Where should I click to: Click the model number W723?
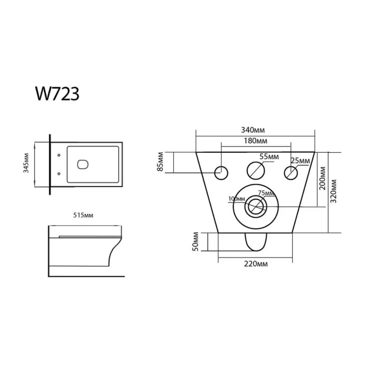[57, 94]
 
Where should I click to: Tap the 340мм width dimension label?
[253, 130]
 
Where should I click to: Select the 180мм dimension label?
[255, 141]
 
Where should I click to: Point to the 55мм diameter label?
[269, 156]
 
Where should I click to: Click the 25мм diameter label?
[300, 161]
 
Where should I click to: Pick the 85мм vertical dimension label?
[161, 162]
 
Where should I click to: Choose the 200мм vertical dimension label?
[323, 178]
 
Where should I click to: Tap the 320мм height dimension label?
[334, 191]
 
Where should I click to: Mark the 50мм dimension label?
[196, 241]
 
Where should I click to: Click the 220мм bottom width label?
[256, 264]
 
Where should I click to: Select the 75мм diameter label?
[266, 193]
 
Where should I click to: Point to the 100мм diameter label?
[237, 199]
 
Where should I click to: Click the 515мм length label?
[83, 215]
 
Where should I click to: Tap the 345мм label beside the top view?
[26, 163]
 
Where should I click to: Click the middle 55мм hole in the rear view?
[256, 171]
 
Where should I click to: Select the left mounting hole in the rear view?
[221, 173]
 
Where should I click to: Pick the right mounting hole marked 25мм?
[291, 173]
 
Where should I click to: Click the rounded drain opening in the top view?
[83, 165]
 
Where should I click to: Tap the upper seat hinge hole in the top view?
[59, 155]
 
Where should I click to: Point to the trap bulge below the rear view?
[256, 242]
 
